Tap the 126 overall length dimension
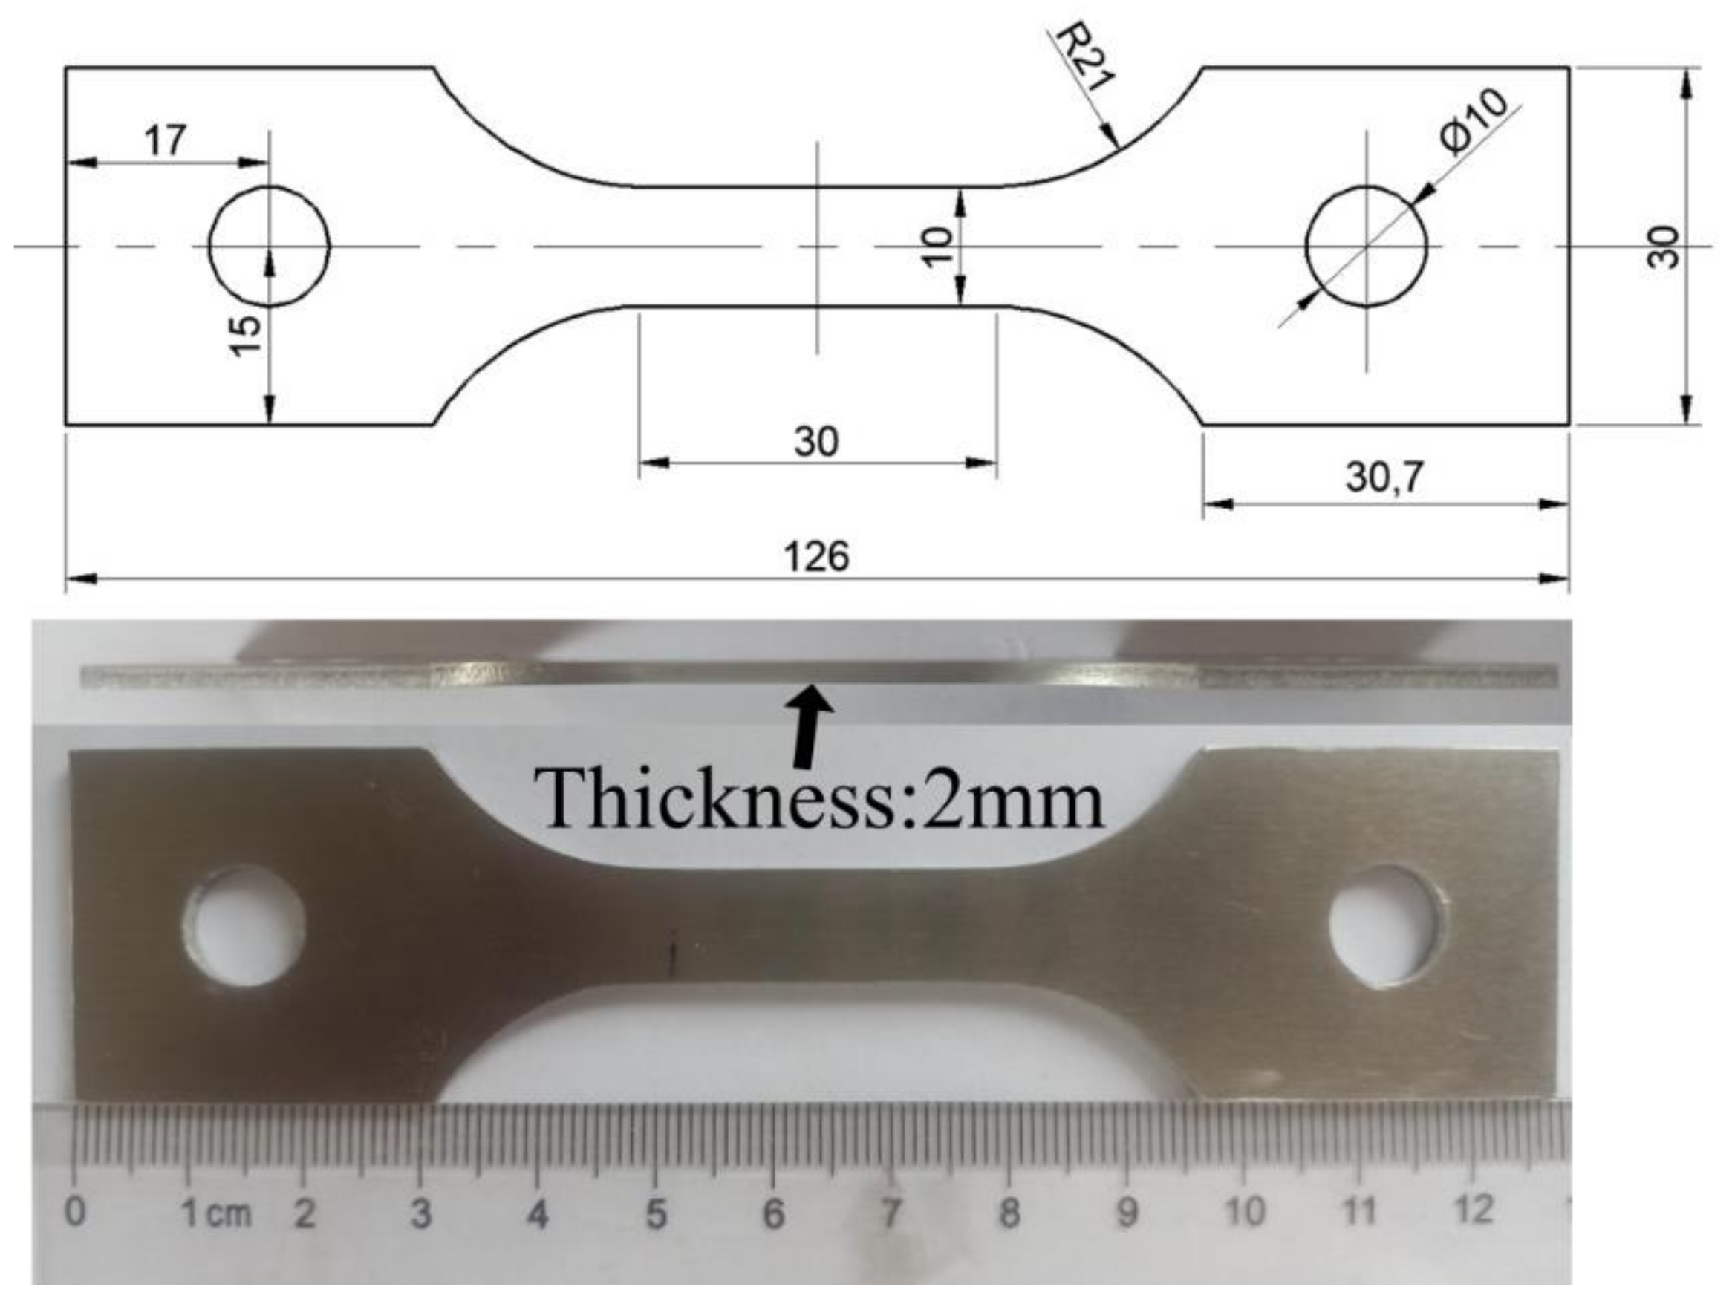point(816,556)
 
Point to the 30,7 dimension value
point(1384,477)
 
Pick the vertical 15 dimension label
point(246,335)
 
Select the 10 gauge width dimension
point(937,246)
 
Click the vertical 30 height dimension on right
point(1662,247)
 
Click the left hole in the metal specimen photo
point(247,925)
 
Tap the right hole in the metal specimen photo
point(1387,925)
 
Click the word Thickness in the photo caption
point(712,798)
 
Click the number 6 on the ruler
point(773,1214)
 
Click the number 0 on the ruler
point(75,1212)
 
